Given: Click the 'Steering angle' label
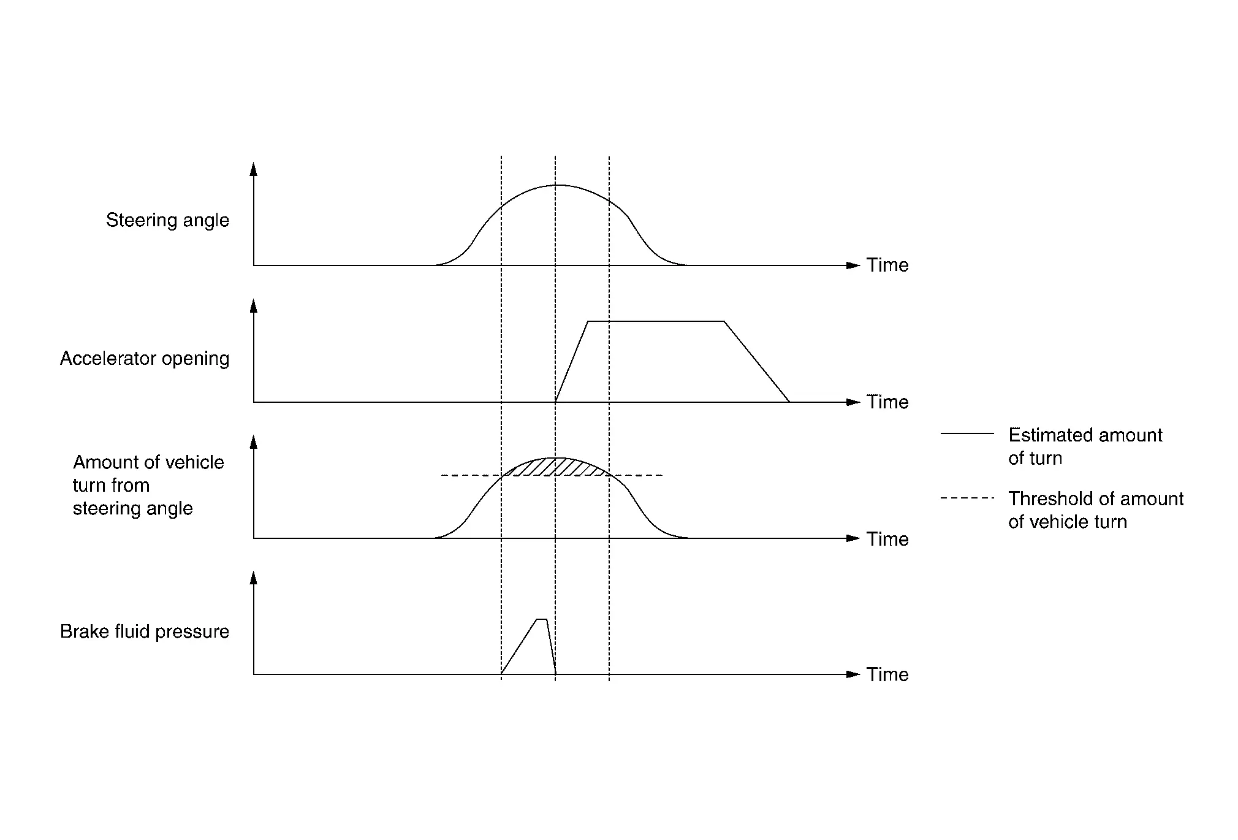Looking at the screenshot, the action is click(x=167, y=221).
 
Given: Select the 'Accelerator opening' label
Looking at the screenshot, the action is click(x=145, y=359).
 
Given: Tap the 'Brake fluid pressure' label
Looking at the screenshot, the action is click(x=145, y=632).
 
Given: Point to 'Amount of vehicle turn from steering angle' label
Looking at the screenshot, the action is click(x=148, y=485).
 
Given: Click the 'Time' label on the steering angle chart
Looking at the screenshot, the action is click(x=887, y=265).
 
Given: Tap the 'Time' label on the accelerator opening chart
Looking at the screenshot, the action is click(x=887, y=402).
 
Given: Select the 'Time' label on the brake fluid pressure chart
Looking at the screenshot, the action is click(x=887, y=674).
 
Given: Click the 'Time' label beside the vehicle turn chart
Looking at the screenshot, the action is click(x=887, y=539).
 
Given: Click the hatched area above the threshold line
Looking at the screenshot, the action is click(x=555, y=467).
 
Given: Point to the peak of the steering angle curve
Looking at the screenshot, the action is click(x=558, y=185).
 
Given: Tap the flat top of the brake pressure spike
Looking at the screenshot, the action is click(x=542, y=619).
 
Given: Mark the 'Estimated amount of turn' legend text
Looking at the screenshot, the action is click(x=1085, y=446).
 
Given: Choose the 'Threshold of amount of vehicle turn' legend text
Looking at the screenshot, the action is click(x=1096, y=510).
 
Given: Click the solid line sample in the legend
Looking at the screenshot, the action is click(x=967, y=433).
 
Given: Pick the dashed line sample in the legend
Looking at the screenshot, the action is click(x=967, y=498).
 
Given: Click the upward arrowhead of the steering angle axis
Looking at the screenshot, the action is click(x=254, y=169).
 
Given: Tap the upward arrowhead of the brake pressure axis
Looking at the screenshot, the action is click(x=254, y=578).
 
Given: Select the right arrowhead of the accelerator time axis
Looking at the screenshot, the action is click(x=853, y=402).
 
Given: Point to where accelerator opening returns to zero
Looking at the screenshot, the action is click(x=789, y=402).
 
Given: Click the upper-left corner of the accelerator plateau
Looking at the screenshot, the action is click(x=588, y=321).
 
